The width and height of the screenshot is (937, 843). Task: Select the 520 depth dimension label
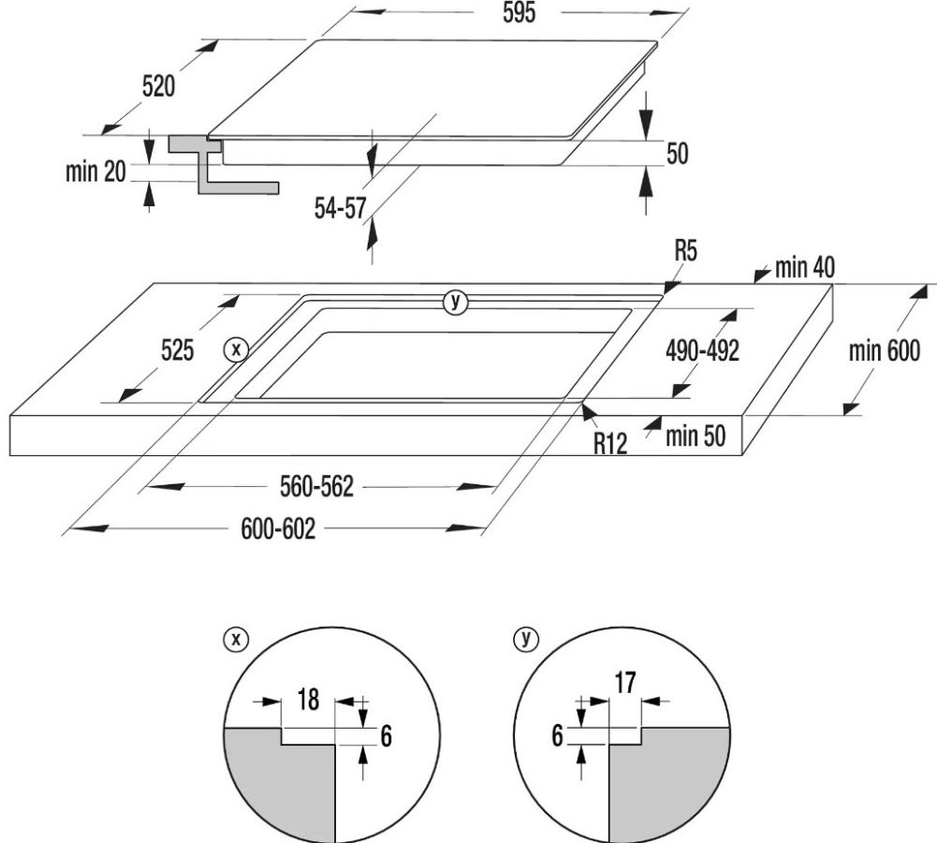pos(158,87)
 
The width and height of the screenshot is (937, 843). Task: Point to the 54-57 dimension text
pos(340,208)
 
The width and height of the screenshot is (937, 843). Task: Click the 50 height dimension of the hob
pos(677,154)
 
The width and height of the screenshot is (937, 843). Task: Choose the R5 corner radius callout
pos(685,251)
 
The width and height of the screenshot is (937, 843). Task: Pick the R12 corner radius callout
pos(609,442)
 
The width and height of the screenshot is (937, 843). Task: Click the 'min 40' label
pos(804,268)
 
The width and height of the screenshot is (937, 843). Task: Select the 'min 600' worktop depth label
pos(885,351)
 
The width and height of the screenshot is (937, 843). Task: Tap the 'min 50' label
pos(695,436)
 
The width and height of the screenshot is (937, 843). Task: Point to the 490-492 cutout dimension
pos(702,351)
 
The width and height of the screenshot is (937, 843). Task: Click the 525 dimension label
pos(176,351)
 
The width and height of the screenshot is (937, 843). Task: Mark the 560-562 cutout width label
pos(318,487)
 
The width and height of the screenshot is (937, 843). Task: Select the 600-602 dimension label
pos(278,529)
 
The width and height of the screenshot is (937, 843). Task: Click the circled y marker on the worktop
pos(456,301)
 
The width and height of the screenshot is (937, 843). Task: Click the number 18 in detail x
pos(309,699)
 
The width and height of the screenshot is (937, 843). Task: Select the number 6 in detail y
pos(558,736)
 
